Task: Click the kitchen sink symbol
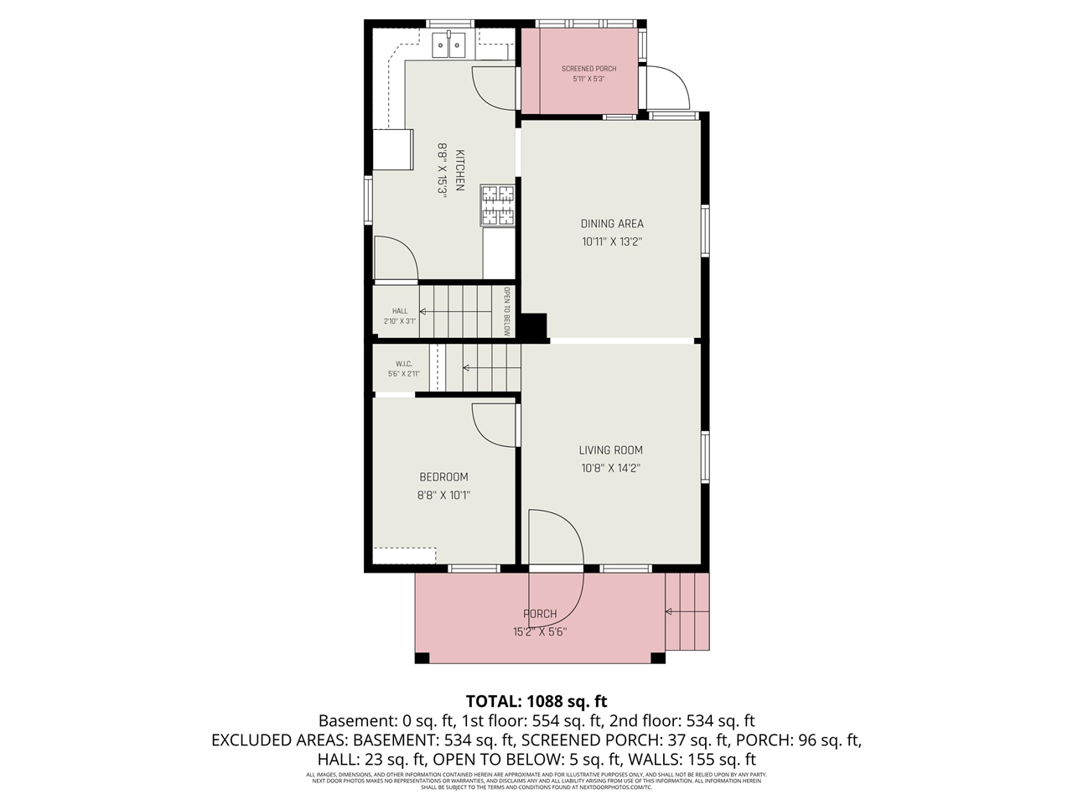[449, 44]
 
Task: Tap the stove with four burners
[497, 205]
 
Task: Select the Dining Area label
[612, 224]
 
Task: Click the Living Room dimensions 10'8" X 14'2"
[611, 469]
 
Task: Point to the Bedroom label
[443, 477]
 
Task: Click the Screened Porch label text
[588, 69]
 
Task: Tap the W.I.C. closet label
[404, 364]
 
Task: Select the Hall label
[400, 311]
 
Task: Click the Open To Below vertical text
[507, 312]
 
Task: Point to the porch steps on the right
[688, 612]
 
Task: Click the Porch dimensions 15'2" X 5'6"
[540, 632]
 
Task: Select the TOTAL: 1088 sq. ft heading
[536, 701]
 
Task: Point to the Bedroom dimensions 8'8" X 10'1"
[443, 496]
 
